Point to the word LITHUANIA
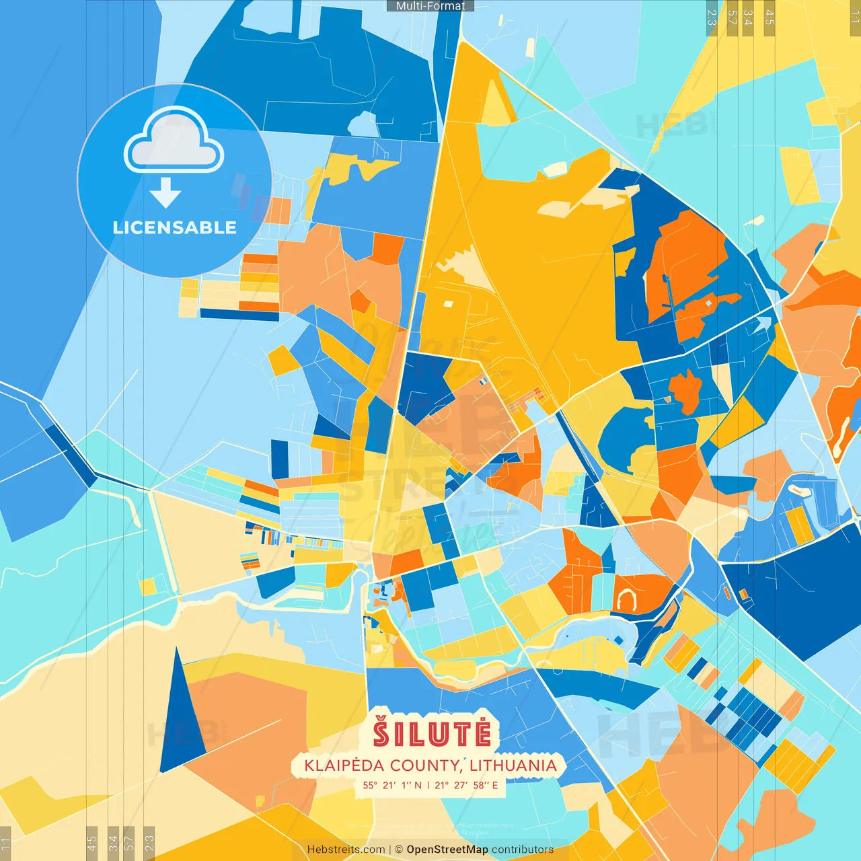point(513,765)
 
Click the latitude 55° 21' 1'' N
point(392,785)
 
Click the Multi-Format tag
point(430,5)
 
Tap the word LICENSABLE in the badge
point(175,227)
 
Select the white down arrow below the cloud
point(165,193)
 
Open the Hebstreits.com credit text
point(346,850)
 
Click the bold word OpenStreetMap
point(447,850)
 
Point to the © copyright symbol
point(399,850)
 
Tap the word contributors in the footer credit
point(523,850)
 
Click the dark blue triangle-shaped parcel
point(180,720)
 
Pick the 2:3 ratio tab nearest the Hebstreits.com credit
point(149,842)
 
